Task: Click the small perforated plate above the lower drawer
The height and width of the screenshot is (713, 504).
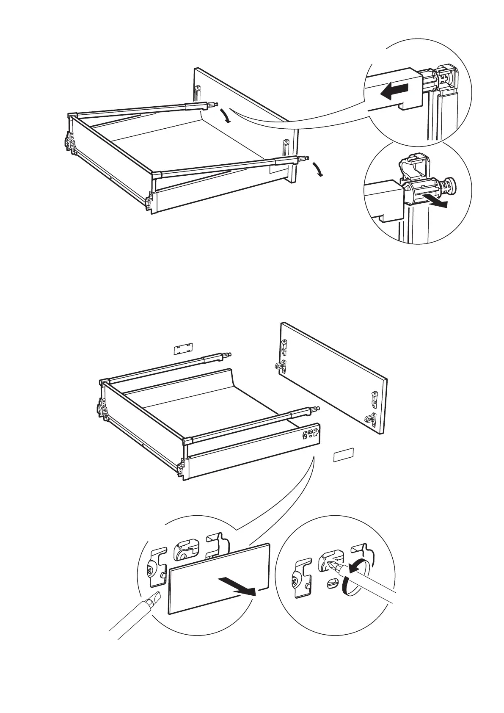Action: (x=183, y=348)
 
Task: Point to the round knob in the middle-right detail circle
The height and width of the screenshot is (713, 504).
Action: (x=449, y=185)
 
